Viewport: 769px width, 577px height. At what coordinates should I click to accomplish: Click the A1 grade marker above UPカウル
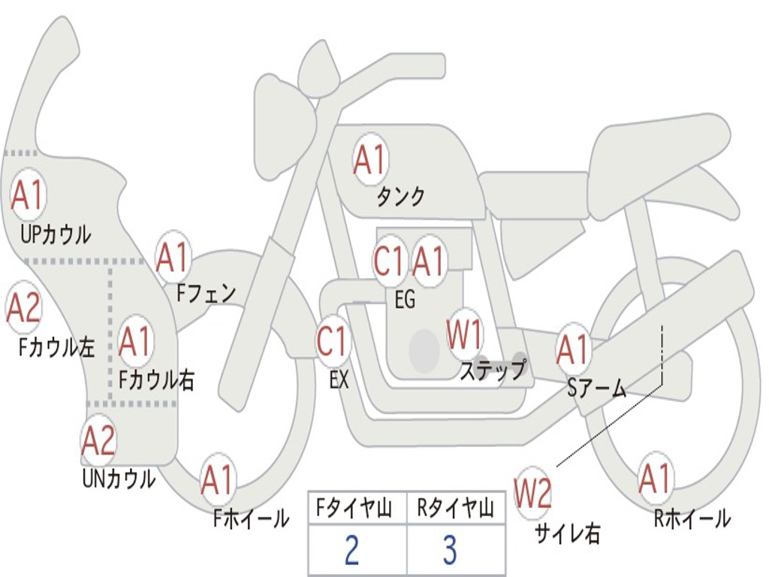[28, 195]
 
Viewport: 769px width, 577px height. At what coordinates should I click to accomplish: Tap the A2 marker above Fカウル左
[23, 307]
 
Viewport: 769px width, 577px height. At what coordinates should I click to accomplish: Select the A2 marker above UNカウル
[98, 440]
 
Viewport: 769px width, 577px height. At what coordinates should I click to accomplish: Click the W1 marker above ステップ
[464, 334]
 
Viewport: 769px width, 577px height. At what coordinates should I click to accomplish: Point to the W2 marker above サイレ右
[532, 493]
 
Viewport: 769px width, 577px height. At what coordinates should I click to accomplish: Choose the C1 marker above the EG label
[389, 260]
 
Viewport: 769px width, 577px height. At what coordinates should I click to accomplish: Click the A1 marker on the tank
[369, 159]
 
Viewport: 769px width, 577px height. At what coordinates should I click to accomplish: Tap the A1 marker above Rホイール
[655, 479]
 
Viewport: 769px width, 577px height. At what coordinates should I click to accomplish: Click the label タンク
[400, 197]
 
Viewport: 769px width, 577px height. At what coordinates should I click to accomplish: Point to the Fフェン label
[206, 294]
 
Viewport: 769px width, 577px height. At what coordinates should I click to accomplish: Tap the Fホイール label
[251, 518]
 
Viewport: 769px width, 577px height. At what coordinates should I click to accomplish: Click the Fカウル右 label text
[156, 379]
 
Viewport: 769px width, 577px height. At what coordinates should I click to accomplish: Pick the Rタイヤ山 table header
[455, 508]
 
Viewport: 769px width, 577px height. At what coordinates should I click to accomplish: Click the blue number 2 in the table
[351, 549]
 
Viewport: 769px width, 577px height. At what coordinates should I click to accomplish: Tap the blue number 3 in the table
[450, 549]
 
